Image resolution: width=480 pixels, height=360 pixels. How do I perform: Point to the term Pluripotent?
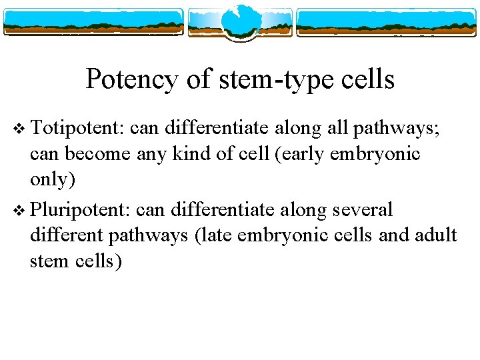click(x=81, y=210)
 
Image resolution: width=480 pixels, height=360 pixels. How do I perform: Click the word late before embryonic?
click(x=231, y=235)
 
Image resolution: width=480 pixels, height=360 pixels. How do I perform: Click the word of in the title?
click(x=198, y=80)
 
